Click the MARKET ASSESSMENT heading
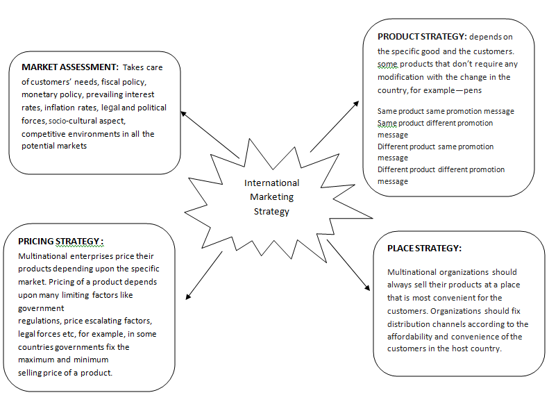[x=69, y=68]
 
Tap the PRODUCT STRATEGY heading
[x=421, y=36]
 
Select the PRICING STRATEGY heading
[x=61, y=242]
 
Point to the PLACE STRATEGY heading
[x=423, y=248]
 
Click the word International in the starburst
[x=271, y=183]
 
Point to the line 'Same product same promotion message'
[x=446, y=111]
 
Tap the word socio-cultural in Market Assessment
[x=92, y=120]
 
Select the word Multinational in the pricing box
[x=47, y=256]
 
